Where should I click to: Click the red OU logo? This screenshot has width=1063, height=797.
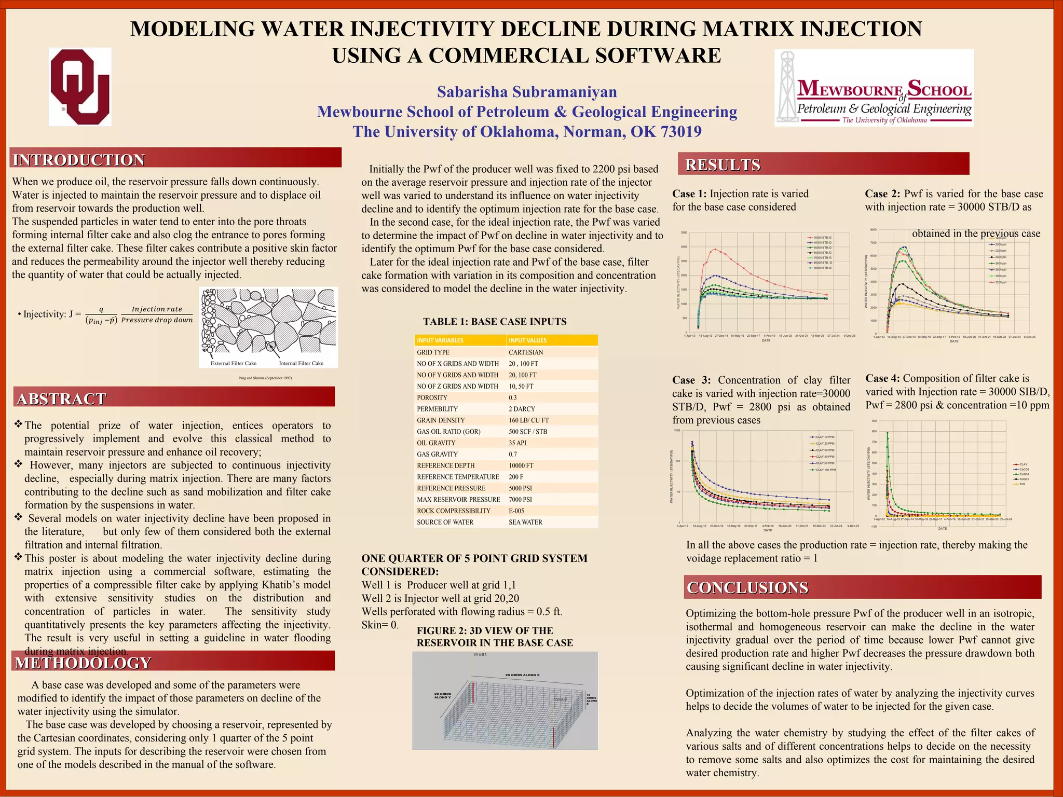click(x=80, y=87)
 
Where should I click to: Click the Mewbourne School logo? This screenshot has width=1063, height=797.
click(x=874, y=88)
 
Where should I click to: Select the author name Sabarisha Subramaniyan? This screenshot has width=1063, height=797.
click(x=527, y=92)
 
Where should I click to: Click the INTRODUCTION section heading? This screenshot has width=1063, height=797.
click(x=79, y=160)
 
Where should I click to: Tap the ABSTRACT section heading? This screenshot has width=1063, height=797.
click(x=61, y=398)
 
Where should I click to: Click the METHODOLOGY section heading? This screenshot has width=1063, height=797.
click(x=83, y=663)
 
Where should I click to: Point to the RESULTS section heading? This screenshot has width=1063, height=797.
click(x=723, y=164)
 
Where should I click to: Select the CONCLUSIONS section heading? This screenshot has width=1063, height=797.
click(x=747, y=587)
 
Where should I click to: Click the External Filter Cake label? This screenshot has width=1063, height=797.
click(x=234, y=363)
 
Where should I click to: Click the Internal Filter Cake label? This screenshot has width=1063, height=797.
click(x=301, y=363)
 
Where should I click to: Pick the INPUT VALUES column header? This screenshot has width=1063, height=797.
click(x=527, y=340)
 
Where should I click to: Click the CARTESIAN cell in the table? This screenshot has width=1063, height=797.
click(x=526, y=352)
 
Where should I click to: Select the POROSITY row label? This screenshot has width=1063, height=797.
click(x=432, y=397)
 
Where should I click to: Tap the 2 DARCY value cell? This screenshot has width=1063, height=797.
click(x=522, y=409)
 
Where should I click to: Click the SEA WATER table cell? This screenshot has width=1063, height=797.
click(x=525, y=522)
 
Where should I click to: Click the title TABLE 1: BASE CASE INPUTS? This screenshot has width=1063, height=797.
click(x=495, y=322)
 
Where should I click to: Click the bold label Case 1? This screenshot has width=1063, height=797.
click(x=689, y=194)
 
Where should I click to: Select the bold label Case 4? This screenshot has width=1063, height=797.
click(x=882, y=378)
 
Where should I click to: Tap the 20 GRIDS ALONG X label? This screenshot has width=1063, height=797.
click(x=522, y=675)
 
